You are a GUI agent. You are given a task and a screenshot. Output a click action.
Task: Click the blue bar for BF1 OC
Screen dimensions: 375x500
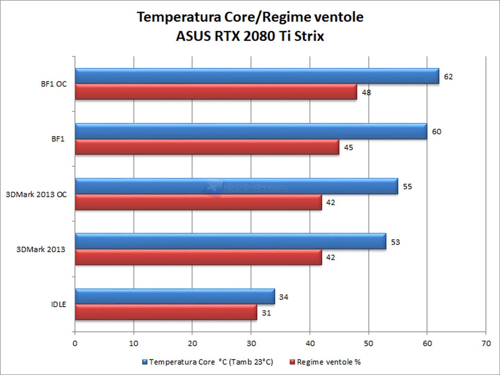(x=257, y=76)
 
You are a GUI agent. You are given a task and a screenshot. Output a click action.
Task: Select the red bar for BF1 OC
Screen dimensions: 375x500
(x=216, y=92)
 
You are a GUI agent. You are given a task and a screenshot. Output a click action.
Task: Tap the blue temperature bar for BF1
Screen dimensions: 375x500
(x=251, y=131)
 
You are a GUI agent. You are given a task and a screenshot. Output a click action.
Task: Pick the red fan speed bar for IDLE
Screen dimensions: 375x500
(x=166, y=312)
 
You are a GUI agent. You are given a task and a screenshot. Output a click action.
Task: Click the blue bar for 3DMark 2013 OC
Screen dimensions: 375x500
(x=236, y=186)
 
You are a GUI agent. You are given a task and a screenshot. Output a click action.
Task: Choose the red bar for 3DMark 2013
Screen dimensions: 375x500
(x=198, y=257)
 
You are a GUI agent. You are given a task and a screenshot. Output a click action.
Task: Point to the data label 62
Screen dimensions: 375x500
(x=448, y=77)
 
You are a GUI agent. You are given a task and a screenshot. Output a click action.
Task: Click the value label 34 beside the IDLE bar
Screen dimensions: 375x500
(x=283, y=297)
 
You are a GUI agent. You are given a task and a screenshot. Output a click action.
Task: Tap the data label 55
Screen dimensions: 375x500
(x=407, y=187)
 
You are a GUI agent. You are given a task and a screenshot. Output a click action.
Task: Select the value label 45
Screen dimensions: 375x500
(x=348, y=148)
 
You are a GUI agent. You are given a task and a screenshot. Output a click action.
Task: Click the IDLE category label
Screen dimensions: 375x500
(x=58, y=305)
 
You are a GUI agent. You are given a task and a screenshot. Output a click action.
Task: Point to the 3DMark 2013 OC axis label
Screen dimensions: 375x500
(x=36, y=194)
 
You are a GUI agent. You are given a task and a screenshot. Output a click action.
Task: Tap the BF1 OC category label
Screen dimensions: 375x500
(x=54, y=84)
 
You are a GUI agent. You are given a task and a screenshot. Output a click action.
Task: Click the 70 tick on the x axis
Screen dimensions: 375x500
(x=486, y=343)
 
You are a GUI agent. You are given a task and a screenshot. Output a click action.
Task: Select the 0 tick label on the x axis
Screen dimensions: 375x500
(x=75, y=343)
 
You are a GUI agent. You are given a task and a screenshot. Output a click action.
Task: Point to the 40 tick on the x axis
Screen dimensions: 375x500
(x=310, y=343)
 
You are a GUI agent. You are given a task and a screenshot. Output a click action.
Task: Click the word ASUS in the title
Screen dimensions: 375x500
(x=193, y=36)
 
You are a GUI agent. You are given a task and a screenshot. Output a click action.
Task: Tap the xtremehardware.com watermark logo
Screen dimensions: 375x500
(x=212, y=187)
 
